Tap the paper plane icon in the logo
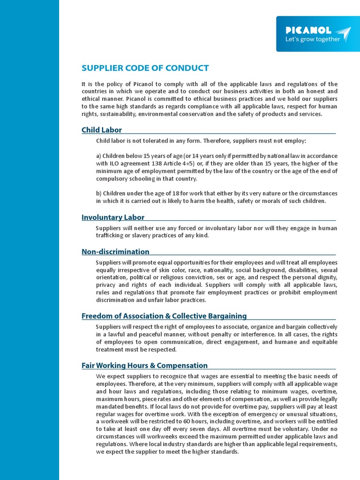[344, 34]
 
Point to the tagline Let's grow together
[313, 39]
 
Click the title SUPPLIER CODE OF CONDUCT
[145, 68]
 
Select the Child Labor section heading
[102, 130]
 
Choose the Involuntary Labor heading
[113, 217]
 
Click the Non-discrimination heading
[115, 252]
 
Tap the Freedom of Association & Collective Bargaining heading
[164, 316]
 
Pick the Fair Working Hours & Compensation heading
[144, 365]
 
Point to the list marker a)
[99, 156]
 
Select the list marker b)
[99, 194]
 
